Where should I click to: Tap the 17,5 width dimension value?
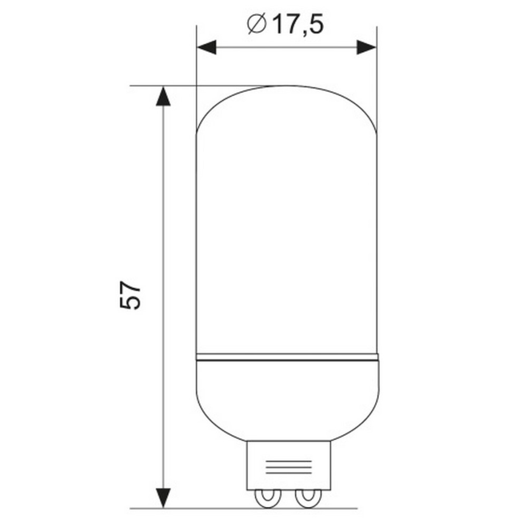(x=296, y=25)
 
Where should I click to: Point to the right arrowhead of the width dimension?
(x=365, y=47)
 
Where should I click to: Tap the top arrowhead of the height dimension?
(x=162, y=95)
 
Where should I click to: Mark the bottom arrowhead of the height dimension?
(x=162, y=497)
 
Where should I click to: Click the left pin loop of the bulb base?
(x=267, y=498)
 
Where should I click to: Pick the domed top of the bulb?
(x=287, y=103)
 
